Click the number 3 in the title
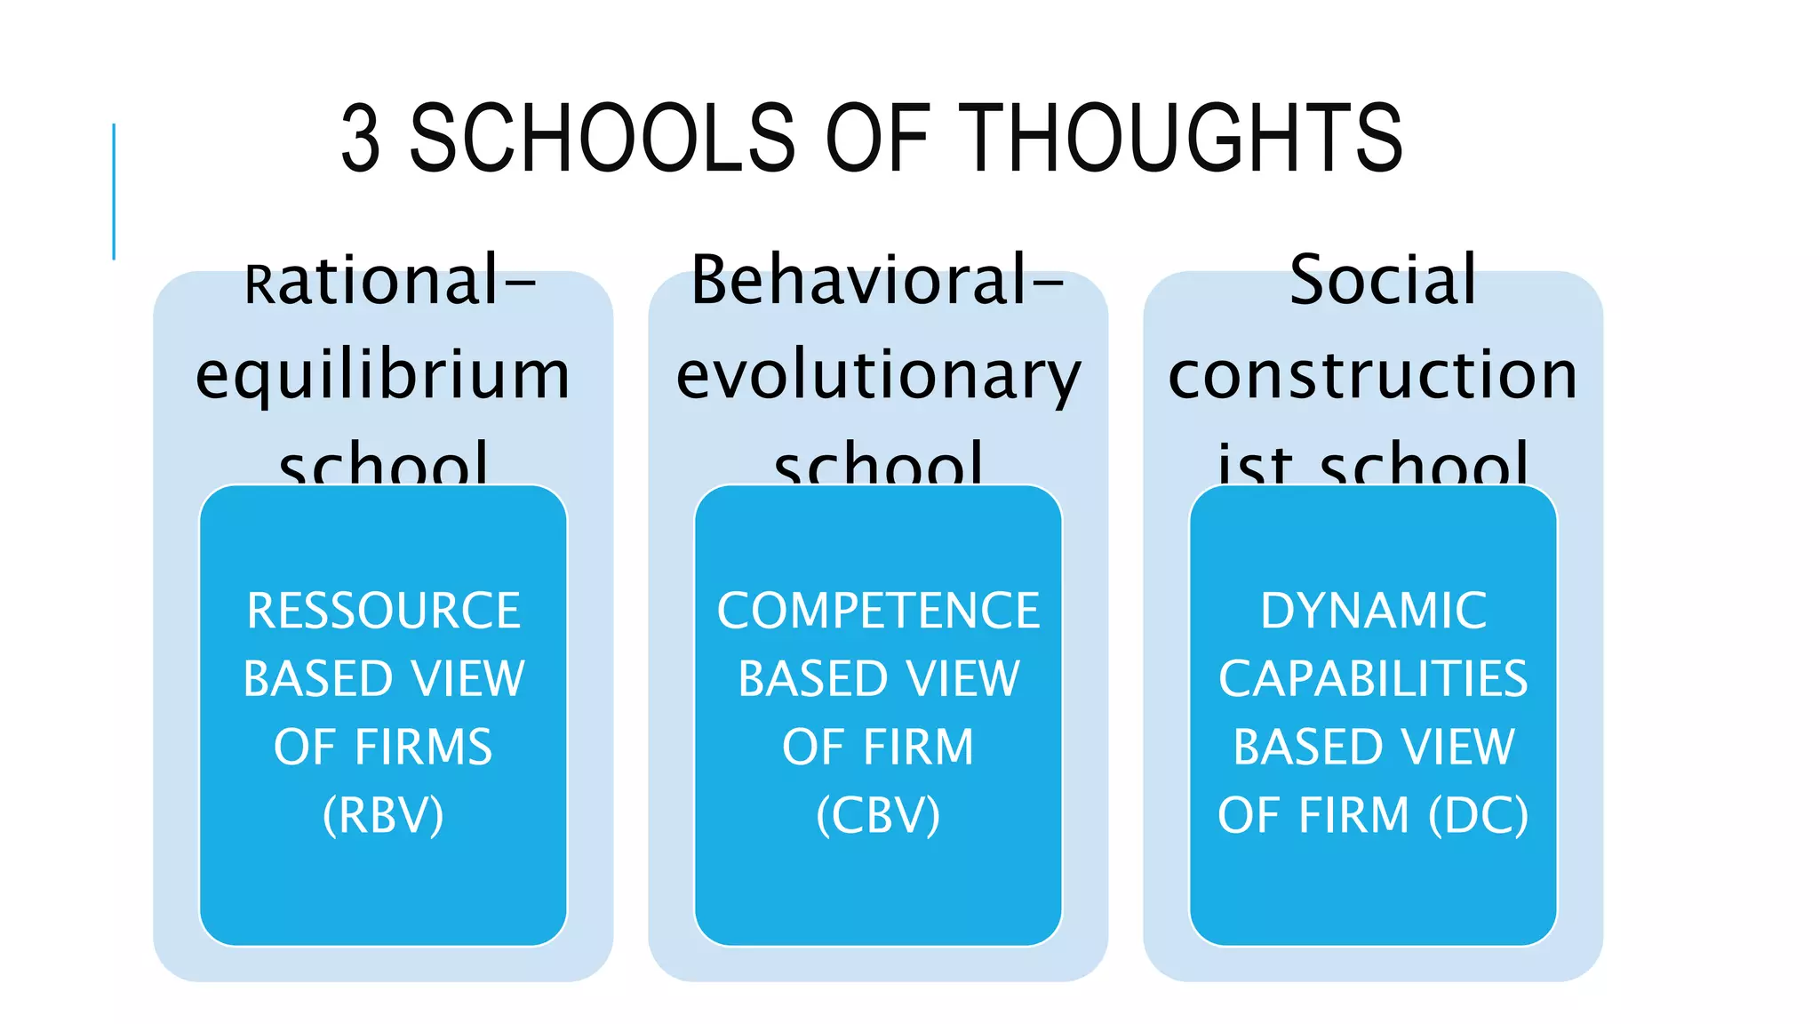[362, 139]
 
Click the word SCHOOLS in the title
[602, 139]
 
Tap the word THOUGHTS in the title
[1185, 139]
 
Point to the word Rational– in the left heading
[390, 281]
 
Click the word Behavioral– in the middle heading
[877, 281]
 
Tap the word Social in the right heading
[1383, 281]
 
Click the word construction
[1373, 375]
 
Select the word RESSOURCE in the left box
[383, 612]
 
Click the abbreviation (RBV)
[383, 816]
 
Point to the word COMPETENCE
[878, 612]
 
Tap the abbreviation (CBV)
[878, 816]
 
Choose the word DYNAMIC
[1373, 612]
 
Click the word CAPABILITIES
[1373, 680]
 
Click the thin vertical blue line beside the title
[114, 191]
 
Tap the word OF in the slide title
[877, 139]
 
